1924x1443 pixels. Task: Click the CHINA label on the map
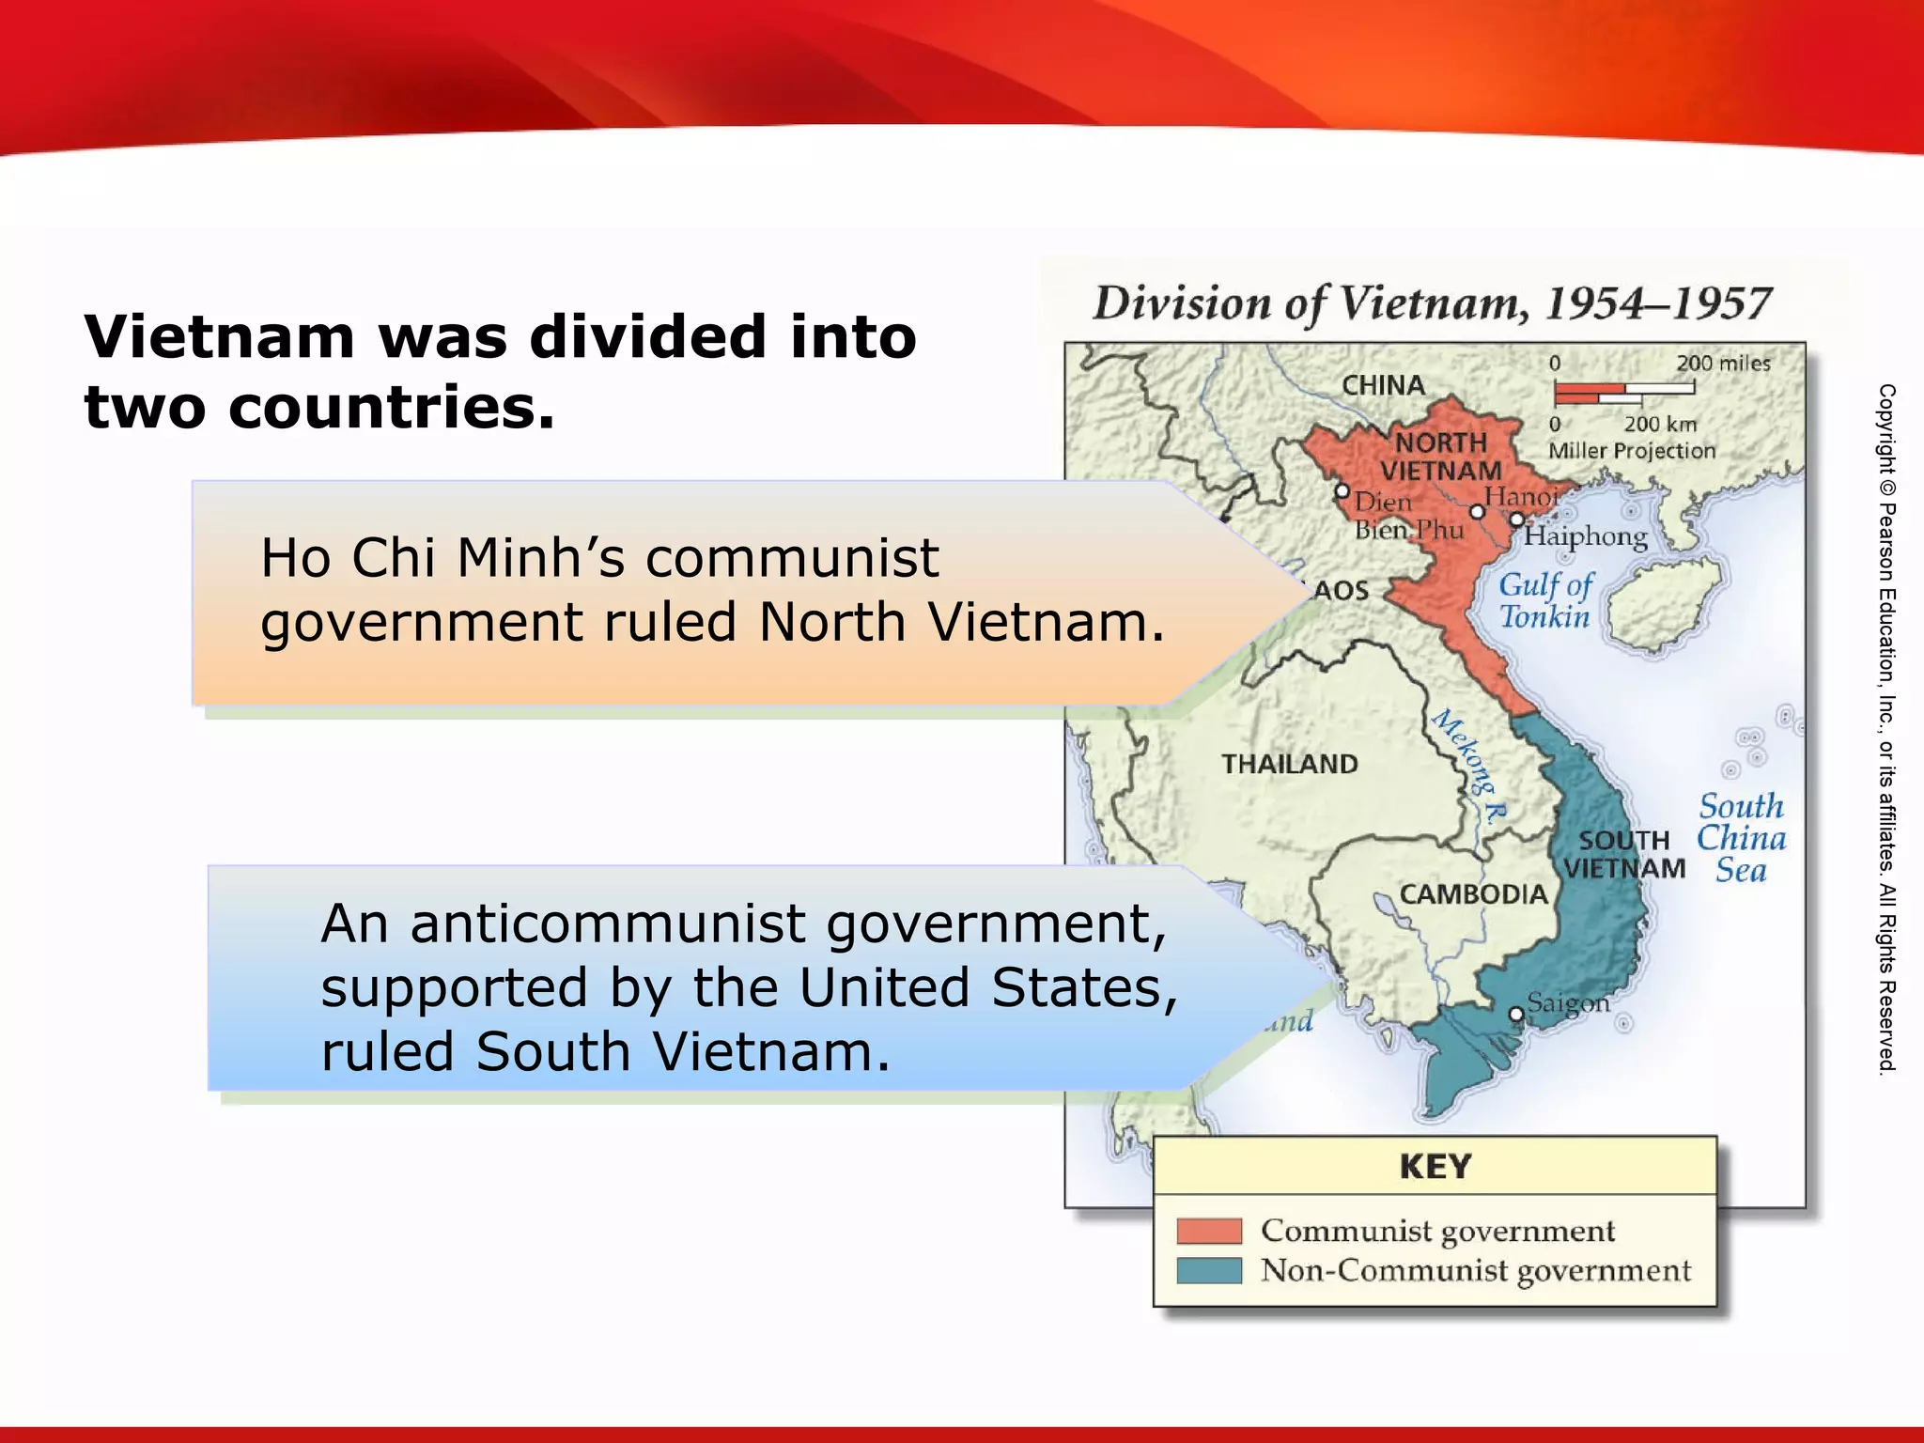(1383, 385)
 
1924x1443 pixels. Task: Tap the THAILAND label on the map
(1289, 764)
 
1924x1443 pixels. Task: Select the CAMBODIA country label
(1473, 893)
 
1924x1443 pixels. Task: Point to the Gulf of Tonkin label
(1545, 600)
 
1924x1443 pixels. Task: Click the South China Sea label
(1741, 838)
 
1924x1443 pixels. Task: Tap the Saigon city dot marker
(1515, 1015)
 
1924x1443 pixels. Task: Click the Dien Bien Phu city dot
(1342, 491)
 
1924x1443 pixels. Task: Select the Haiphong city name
(1586, 536)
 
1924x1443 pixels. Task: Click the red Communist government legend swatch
(1209, 1231)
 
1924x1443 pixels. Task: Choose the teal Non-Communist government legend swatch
(1209, 1270)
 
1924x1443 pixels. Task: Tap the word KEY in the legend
(1435, 1166)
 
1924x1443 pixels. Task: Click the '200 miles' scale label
(1723, 364)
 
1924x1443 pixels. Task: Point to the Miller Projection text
(1632, 451)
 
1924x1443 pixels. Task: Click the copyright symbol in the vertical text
(1887, 488)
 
